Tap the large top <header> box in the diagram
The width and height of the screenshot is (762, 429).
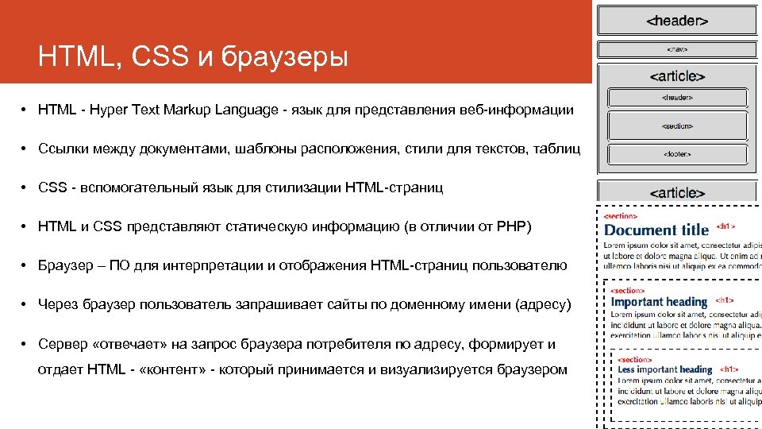click(x=676, y=21)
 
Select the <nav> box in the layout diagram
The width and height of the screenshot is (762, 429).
click(x=676, y=49)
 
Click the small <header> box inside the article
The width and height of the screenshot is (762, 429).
click(x=676, y=98)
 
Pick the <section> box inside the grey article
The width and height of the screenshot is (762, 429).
click(x=676, y=126)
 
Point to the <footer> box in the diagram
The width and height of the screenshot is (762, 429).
click(x=676, y=154)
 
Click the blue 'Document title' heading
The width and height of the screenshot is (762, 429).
click(x=656, y=230)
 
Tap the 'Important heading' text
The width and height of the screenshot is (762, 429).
click(x=659, y=302)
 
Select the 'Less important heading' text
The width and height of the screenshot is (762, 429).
click(x=665, y=369)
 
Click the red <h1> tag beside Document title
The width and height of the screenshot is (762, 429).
click(x=726, y=226)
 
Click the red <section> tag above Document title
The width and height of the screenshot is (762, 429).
click(x=620, y=215)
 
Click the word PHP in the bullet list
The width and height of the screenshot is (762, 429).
click(x=510, y=227)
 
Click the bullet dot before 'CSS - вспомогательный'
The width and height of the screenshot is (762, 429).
click(x=25, y=188)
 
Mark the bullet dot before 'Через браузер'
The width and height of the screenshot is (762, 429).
click(x=25, y=305)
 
